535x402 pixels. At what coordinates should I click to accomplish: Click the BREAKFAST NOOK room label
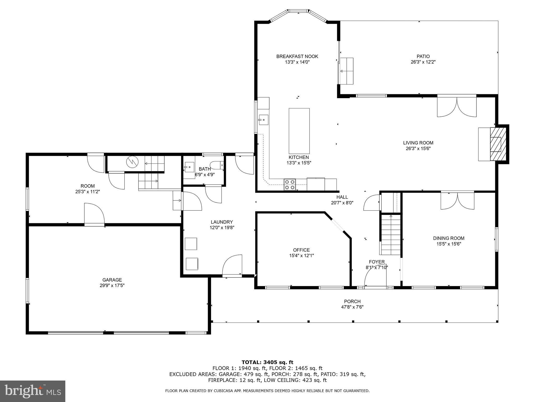(x=297, y=56)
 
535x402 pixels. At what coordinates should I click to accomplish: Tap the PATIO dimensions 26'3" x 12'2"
(x=423, y=62)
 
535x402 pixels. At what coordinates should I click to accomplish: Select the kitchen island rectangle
(x=299, y=131)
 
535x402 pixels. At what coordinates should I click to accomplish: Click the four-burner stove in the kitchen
(x=290, y=185)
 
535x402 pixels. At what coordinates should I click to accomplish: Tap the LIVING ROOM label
(x=418, y=143)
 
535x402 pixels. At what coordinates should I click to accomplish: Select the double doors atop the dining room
(x=457, y=201)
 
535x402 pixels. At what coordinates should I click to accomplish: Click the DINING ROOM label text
(x=449, y=238)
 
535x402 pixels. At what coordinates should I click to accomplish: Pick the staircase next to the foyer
(x=391, y=234)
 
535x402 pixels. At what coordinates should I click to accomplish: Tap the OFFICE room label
(x=301, y=250)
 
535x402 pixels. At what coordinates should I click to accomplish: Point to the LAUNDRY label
(x=222, y=222)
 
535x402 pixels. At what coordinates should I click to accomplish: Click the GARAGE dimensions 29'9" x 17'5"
(x=112, y=286)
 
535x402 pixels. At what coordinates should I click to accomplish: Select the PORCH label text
(x=352, y=301)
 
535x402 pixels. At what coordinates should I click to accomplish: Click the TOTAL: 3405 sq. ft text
(x=267, y=362)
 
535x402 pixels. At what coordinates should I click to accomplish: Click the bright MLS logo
(x=33, y=391)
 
